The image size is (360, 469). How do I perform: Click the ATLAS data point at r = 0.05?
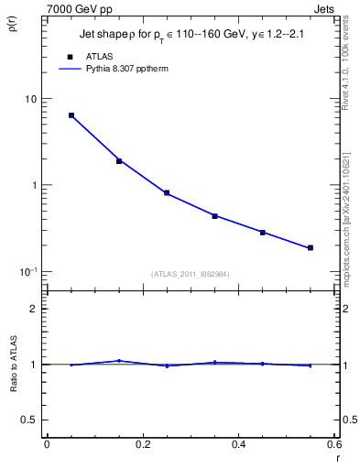pyautogui.click(x=71, y=115)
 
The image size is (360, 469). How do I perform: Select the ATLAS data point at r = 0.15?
pyautogui.click(x=119, y=161)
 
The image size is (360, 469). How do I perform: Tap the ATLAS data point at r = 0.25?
pyautogui.click(x=167, y=193)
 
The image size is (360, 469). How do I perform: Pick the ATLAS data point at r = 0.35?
pyautogui.click(x=214, y=216)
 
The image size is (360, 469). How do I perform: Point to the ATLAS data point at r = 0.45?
pyautogui.click(x=262, y=233)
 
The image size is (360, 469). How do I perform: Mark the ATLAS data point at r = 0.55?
pyautogui.click(x=310, y=247)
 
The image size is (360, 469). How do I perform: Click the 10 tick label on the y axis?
pyautogui.click(x=30, y=99)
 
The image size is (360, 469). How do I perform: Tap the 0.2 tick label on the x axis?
pyautogui.click(x=142, y=445)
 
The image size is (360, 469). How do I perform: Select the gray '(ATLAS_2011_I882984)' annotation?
pyautogui.click(x=191, y=273)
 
